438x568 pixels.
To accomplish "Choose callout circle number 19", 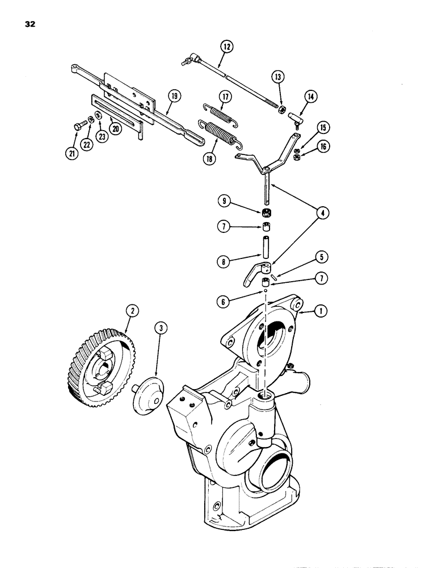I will pos(173,96).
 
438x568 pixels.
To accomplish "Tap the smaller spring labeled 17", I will pos(218,114).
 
